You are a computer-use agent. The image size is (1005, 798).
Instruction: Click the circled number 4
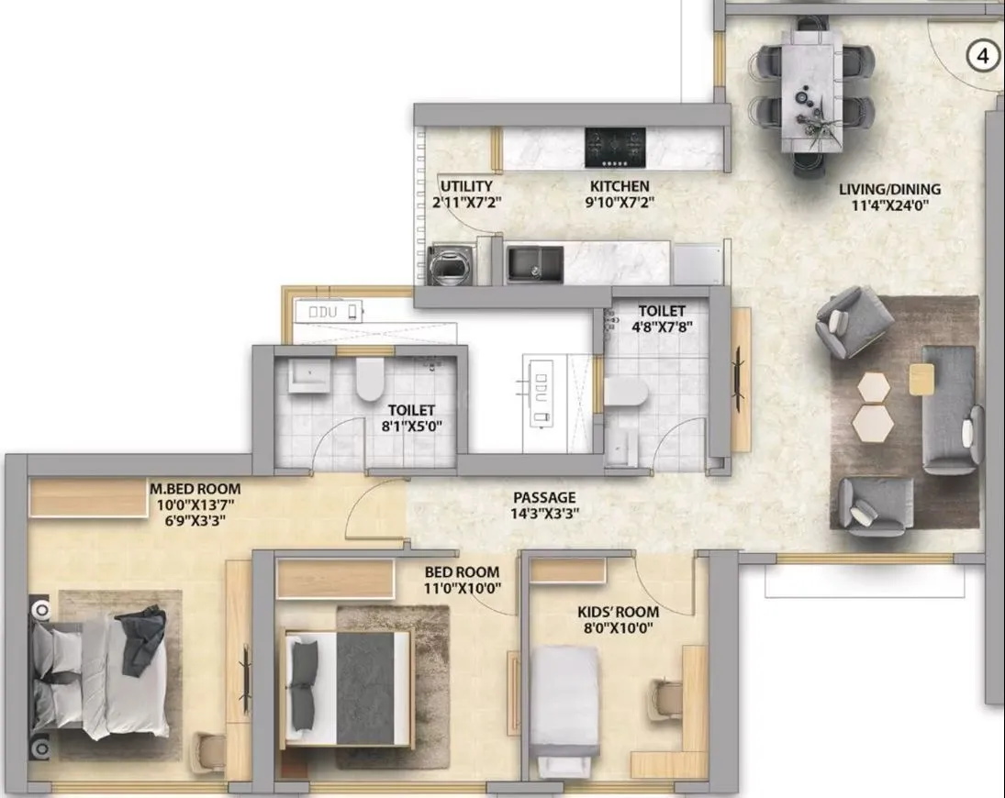coord(983,57)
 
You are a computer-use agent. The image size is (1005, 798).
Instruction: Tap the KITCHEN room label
coord(620,185)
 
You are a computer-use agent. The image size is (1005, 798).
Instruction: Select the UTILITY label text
coord(466,185)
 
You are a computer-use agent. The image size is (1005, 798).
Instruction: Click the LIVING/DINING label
coord(889,190)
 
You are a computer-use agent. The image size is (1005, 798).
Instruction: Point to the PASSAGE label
coord(544,497)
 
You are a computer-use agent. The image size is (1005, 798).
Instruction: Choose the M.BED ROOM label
coord(189,489)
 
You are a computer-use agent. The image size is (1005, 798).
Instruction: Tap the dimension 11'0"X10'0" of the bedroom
coord(462,588)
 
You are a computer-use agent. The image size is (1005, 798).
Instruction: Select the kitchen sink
coord(535,264)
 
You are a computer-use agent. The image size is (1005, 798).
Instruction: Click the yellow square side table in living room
coord(922,378)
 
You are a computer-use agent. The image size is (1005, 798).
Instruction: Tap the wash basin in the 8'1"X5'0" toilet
coord(304,376)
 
